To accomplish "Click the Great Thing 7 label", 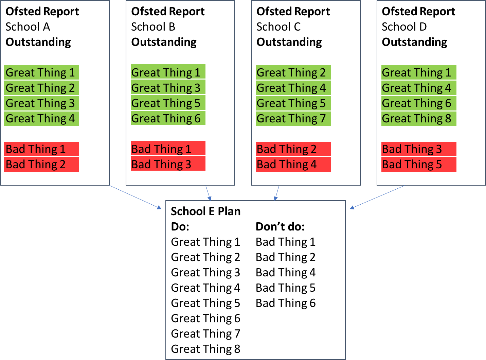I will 293,119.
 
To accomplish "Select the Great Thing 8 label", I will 418,119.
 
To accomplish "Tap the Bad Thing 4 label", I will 293,165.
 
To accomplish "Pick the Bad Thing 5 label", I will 418,165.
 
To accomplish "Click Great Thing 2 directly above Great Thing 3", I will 41,88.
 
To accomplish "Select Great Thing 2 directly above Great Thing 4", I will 293,72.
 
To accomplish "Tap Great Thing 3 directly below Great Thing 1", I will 168,88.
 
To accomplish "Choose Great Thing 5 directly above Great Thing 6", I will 168,103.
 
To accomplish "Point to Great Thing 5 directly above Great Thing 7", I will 293,103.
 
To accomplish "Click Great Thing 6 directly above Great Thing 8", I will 418,103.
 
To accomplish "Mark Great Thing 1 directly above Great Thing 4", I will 418,72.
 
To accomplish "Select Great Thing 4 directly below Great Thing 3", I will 41,119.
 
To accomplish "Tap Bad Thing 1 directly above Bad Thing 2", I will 41,149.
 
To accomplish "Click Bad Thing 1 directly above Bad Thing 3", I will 168,149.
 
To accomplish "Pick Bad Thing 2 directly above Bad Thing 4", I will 293,149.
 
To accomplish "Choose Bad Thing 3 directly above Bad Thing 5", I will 418,149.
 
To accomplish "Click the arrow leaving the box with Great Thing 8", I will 377,197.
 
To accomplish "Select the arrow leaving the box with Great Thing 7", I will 277,193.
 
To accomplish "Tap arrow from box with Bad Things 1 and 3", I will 208,193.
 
